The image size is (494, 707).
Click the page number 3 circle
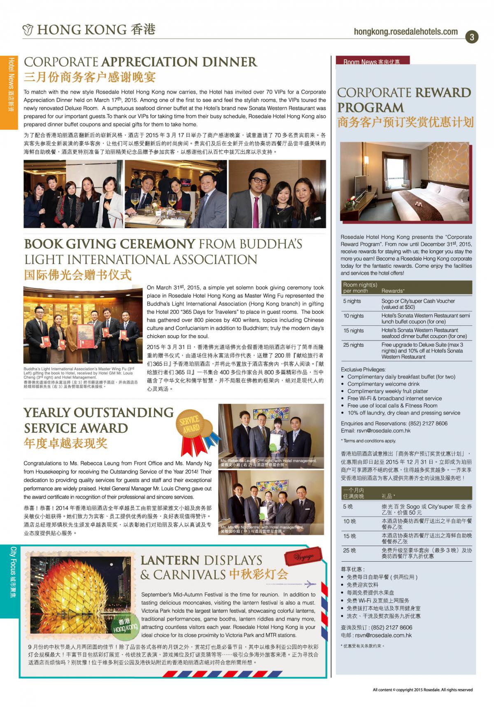(x=472, y=37)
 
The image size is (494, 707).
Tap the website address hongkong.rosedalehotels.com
(x=405, y=32)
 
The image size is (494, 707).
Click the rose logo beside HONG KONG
(x=28, y=30)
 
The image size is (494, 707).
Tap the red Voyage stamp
(x=303, y=556)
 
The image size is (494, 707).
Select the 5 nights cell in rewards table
(x=352, y=301)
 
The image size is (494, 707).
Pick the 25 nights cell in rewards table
(x=354, y=345)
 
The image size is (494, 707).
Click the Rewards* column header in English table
(x=393, y=291)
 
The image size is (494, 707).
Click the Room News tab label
(x=371, y=62)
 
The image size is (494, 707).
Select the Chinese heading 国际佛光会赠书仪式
(x=78, y=275)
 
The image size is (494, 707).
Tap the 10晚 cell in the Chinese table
(x=350, y=521)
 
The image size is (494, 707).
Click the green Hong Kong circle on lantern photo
(x=125, y=625)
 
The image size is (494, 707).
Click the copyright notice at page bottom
(x=422, y=690)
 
